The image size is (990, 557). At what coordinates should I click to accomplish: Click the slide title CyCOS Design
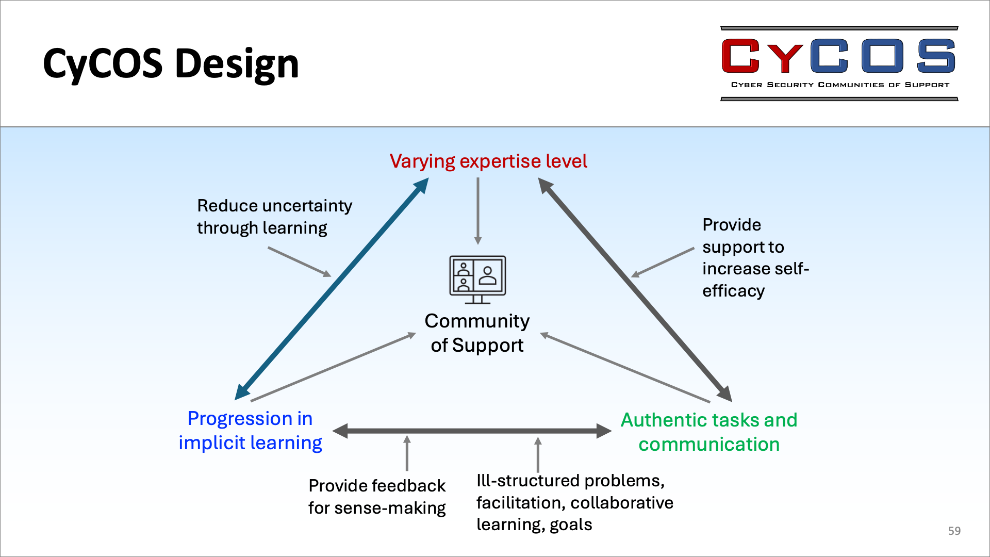point(171,64)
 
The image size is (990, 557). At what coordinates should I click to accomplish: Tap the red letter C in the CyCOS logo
point(740,56)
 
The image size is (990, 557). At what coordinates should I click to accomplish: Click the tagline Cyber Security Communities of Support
point(840,85)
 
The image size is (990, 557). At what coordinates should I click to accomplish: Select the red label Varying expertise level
point(488,161)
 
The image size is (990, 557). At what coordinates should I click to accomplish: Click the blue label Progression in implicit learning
point(250,431)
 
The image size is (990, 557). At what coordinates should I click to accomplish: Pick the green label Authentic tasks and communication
point(709,432)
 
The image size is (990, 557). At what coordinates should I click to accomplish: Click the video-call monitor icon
point(477,280)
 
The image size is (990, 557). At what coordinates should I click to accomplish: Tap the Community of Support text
point(477,333)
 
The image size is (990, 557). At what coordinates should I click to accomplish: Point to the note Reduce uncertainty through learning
point(274,217)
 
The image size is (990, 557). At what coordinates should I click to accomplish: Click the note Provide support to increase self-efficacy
point(755,257)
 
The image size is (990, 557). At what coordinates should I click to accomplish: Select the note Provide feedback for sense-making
point(377,497)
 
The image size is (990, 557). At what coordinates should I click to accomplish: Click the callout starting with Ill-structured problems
point(574,502)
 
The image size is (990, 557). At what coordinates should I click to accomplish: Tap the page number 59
point(954,531)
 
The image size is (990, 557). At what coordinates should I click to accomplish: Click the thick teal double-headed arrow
point(332,289)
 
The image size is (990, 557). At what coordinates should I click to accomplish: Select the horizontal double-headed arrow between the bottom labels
point(472,431)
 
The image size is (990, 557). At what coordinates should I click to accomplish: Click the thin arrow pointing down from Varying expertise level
point(478,211)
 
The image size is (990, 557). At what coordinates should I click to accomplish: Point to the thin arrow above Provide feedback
point(407,453)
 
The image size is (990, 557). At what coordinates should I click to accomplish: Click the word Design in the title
point(237,64)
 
